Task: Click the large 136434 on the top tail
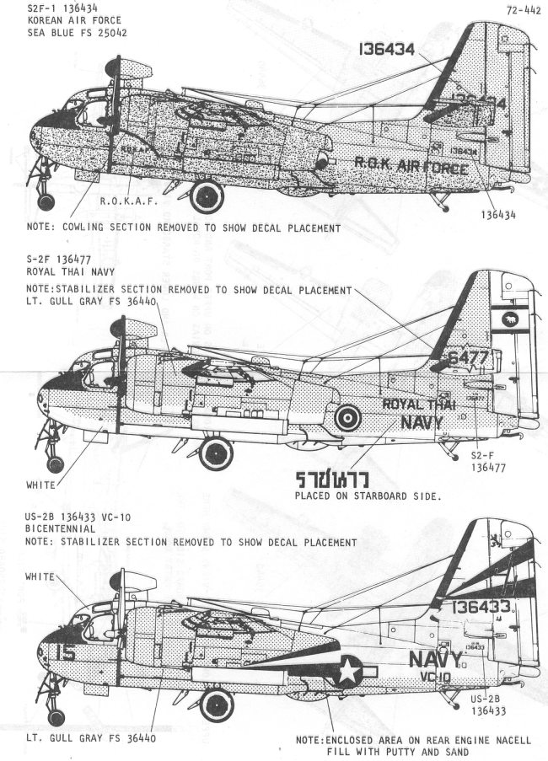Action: pos(385,50)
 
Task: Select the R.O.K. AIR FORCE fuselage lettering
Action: pos(411,166)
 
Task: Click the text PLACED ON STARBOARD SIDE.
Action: pos(368,497)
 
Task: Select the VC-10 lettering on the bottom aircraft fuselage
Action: pos(436,678)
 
